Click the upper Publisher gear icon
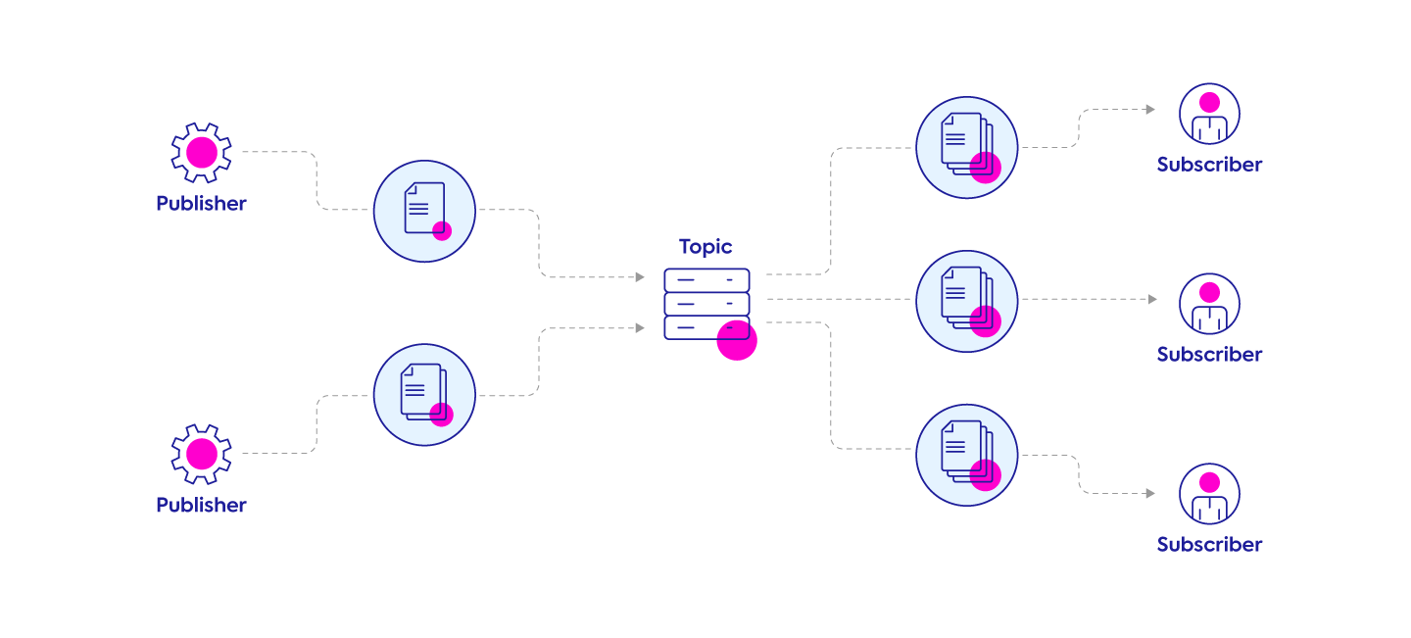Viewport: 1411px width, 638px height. pyautogui.click(x=201, y=153)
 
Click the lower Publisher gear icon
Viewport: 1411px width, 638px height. pyautogui.click(x=201, y=454)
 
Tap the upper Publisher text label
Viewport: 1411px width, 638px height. pyautogui.click(x=201, y=204)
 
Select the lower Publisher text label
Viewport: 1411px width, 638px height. pyautogui.click(x=201, y=505)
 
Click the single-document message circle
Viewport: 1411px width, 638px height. pyautogui.click(x=424, y=212)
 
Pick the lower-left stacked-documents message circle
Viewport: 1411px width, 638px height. pyautogui.click(x=424, y=394)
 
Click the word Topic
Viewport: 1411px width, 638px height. pyautogui.click(x=705, y=247)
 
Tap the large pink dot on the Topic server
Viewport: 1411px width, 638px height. pyautogui.click(x=737, y=340)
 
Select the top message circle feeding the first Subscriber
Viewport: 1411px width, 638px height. pyautogui.click(x=967, y=147)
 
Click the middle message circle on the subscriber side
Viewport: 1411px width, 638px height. pyautogui.click(x=967, y=301)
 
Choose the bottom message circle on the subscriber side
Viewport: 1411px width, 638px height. pyautogui.click(x=967, y=455)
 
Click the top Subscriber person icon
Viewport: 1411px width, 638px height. pyautogui.click(x=1209, y=114)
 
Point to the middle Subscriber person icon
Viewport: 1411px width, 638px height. pyautogui.click(x=1209, y=304)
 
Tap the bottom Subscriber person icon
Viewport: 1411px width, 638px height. pyautogui.click(x=1209, y=494)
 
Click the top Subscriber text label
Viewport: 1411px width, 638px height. pyautogui.click(x=1209, y=165)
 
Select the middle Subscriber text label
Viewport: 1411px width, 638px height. pyautogui.click(x=1209, y=355)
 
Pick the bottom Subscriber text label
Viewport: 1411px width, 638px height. pyautogui.click(x=1209, y=545)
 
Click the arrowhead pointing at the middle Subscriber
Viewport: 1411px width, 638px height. pyautogui.click(x=1152, y=300)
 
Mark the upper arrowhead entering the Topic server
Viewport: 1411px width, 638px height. pyautogui.click(x=640, y=277)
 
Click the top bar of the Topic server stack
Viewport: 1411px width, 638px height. pyautogui.click(x=706, y=280)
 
